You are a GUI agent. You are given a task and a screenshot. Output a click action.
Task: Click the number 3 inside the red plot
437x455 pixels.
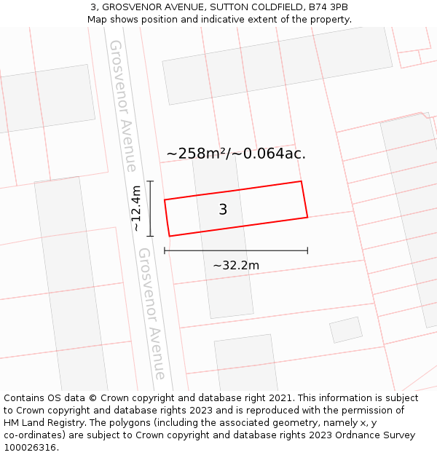[223, 210]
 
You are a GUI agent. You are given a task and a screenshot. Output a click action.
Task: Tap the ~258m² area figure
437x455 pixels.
[197, 154]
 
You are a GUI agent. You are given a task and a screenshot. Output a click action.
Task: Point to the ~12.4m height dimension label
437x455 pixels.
[136, 208]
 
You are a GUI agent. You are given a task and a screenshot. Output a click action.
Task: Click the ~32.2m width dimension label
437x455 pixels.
[236, 266]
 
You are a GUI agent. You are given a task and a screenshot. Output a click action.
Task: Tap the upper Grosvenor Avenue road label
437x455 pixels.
[122, 106]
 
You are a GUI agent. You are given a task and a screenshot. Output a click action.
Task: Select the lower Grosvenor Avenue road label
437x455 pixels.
[151, 313]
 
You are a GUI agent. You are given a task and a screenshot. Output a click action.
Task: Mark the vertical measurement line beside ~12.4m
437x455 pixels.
[151, 208]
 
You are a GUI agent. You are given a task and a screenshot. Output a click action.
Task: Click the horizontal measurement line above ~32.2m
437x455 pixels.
[236, 250]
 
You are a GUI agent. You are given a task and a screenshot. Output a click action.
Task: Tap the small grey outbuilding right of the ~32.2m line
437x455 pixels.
[346, 329]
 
